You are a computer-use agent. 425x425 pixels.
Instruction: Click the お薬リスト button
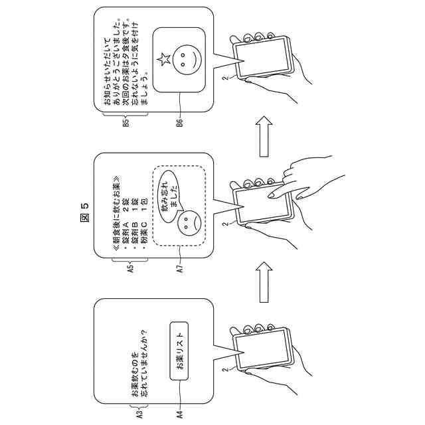(180, 351)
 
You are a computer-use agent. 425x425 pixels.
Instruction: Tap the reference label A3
(131, 412)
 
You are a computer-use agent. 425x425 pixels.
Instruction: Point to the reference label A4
(179, 412)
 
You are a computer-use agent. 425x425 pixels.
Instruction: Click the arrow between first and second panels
(264, 275)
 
